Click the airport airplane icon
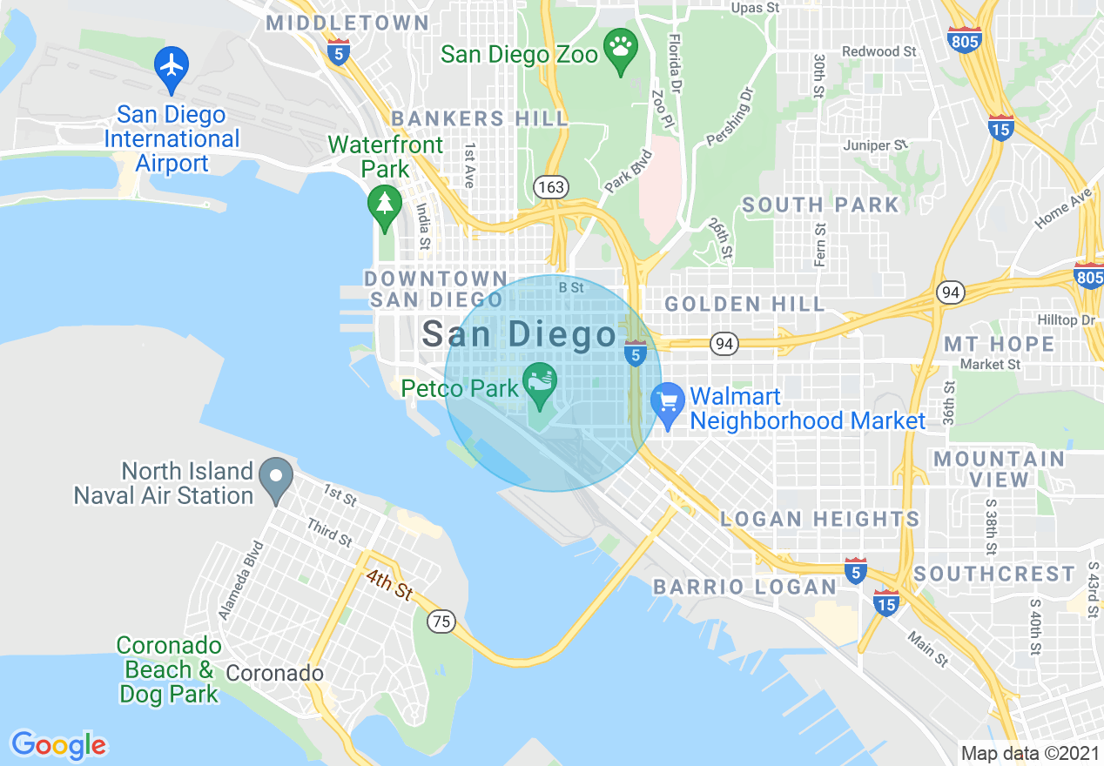coord(172,66)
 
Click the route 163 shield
coord(552,187)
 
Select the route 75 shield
coord(441,622)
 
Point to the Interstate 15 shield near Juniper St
coord(1000,128)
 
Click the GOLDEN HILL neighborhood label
coord(744,304)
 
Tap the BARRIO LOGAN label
coord(744,587)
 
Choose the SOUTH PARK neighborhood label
coord(820,205)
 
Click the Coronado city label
coord(274,673)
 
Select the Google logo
coord(58,744)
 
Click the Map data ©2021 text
coord(1030,752)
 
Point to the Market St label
coord(990,364)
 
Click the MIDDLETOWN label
coord(347,23)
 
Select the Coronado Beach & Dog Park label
coord(169,670)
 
